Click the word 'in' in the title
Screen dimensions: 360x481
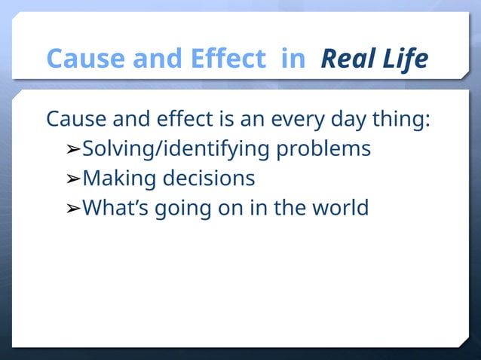(x=292, y=58)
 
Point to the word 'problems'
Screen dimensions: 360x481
(x=323, y=148)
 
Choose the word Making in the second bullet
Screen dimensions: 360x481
(x=116, y=178)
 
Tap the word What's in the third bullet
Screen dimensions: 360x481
(x=115, y=207)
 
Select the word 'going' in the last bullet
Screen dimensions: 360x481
(x=181, y=208)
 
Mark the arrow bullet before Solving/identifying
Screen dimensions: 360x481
(x=73, y=149)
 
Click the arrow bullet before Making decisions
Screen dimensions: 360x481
(x=73, y=179)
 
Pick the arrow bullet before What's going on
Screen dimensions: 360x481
(x=73, y=208)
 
